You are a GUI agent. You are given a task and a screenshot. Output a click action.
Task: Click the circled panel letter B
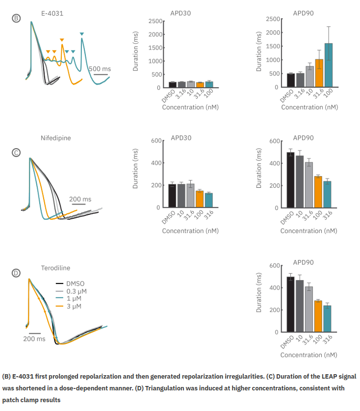(x=16, y=18)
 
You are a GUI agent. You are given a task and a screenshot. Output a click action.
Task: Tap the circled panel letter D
(x=16, y=273)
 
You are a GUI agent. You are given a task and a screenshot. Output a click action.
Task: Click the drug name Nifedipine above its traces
(x=55, y=138)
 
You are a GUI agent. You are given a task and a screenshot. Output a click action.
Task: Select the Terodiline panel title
(x=55, y=268)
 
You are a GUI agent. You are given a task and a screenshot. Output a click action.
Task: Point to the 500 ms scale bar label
(x=100, y=69)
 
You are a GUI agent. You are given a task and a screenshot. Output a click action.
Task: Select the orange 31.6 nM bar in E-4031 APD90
(x=319, y=73)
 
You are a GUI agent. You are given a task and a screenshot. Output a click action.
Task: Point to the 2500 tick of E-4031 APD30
(x=155, y=21)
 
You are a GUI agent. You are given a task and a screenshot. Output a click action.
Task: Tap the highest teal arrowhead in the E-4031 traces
(x=82, y=34)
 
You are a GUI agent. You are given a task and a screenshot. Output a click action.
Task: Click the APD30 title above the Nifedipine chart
(x=180, y=138)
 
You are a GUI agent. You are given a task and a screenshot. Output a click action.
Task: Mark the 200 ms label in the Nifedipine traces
(x=80, y=199)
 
